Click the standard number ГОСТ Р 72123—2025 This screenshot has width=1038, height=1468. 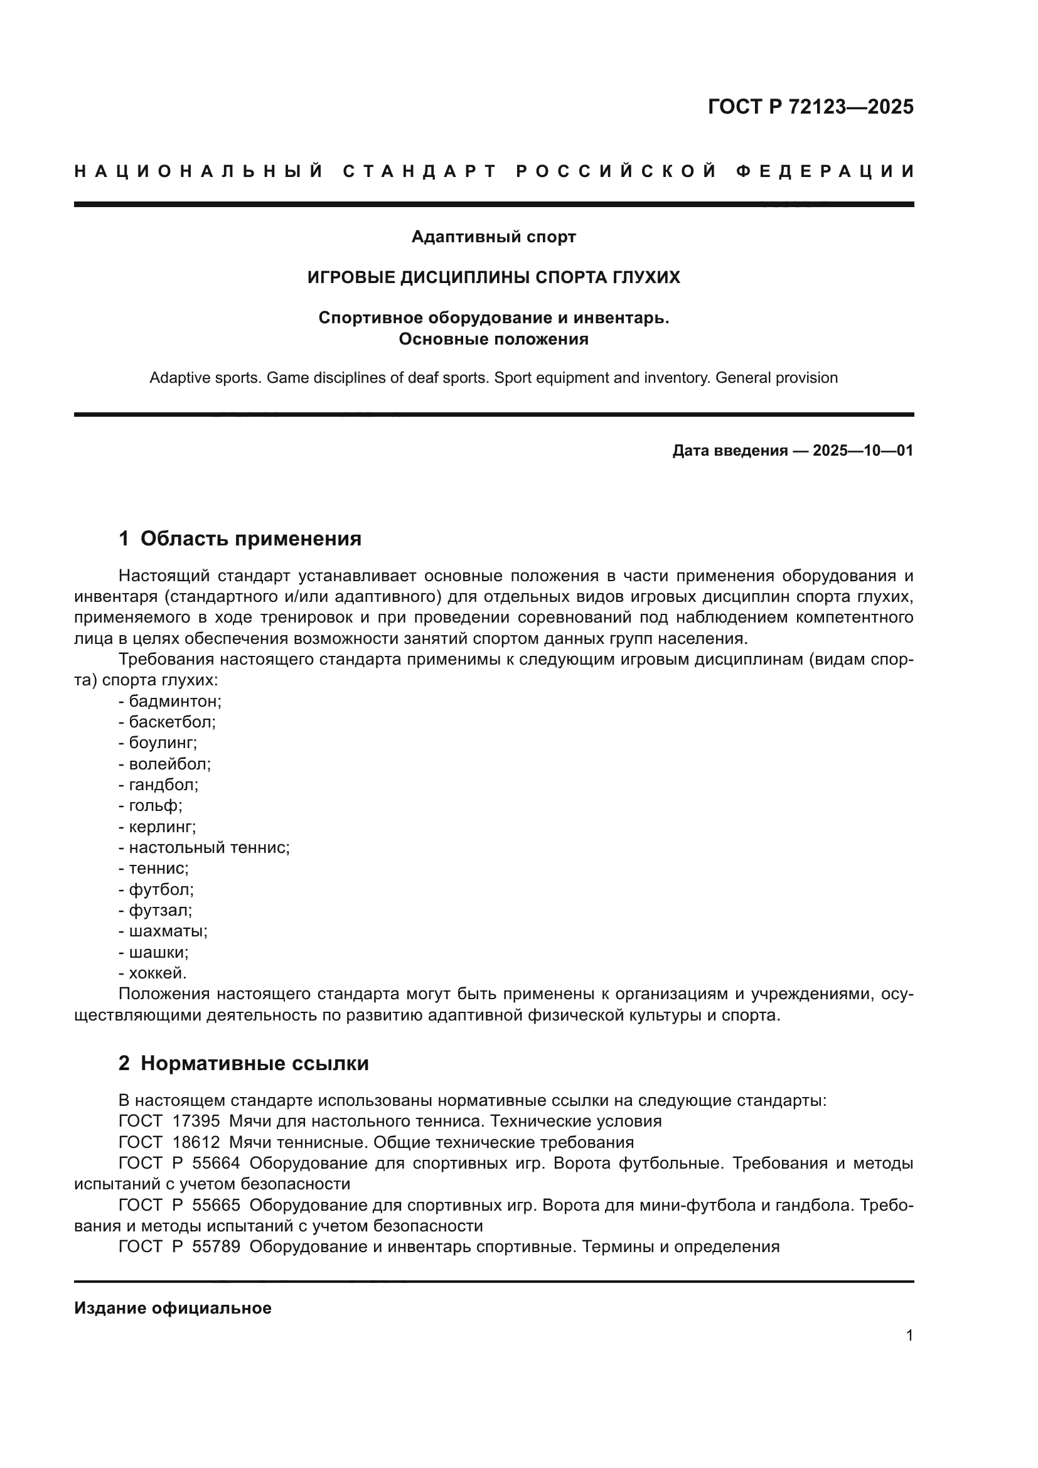810,107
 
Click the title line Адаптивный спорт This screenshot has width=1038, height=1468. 493,237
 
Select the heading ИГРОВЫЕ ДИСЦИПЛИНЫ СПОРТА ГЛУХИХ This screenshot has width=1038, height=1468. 493,277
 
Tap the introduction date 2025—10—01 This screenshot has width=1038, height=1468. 862,451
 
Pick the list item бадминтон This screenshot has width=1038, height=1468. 174,702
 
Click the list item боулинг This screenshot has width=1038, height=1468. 163,743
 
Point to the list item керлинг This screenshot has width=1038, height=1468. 162,827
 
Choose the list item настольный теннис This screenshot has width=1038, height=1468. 208,848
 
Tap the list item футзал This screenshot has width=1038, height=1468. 160,911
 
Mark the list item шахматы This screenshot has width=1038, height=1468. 168,931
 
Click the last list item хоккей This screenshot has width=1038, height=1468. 158,973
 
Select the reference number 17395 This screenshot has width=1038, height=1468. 196,1121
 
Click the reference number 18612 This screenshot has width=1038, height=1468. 196,1142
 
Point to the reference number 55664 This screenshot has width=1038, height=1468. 215,1163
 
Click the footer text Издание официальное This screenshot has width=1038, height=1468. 173,1308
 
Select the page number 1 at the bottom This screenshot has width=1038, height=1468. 909,1335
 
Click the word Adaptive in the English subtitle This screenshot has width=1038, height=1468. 173,378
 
